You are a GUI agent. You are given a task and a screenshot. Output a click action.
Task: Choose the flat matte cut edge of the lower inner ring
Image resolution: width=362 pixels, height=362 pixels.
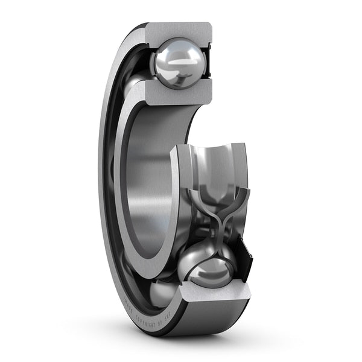(x=175, y=199)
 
